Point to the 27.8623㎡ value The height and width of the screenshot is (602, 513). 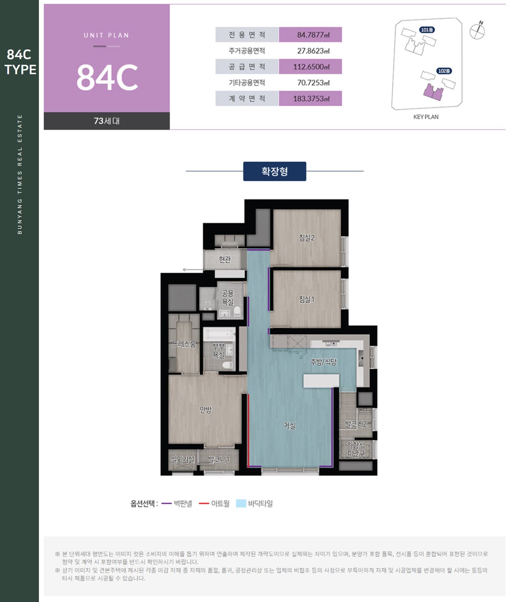tap(313, 51)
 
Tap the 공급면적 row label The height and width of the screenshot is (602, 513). tap(247, 67)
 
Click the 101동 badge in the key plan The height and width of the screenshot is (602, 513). tap(427, 30)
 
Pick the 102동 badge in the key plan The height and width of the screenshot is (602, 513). tap(444, 71)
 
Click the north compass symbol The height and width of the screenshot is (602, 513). tap(478, 31)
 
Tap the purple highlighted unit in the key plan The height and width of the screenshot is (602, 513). tap(433, 92)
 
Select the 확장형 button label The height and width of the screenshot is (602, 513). tap(274, 171)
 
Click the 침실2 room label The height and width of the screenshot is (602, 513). tap(307, 238)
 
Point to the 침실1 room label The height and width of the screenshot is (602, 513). tap(307, 299)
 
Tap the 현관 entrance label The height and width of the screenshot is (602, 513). tap(225, 259)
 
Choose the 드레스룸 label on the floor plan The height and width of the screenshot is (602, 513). tap(184, 344)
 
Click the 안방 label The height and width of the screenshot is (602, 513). tap(206, 410)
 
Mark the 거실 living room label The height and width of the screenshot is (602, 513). tap(290, 426)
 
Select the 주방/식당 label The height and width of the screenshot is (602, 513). tap(324, 362)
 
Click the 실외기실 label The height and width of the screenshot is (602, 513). tap(183, 460)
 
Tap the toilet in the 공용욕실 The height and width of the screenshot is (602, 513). tap(237, 311)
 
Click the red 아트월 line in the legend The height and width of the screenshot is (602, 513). tap(204, 503)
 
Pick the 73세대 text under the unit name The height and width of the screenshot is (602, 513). tap(107, 121)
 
